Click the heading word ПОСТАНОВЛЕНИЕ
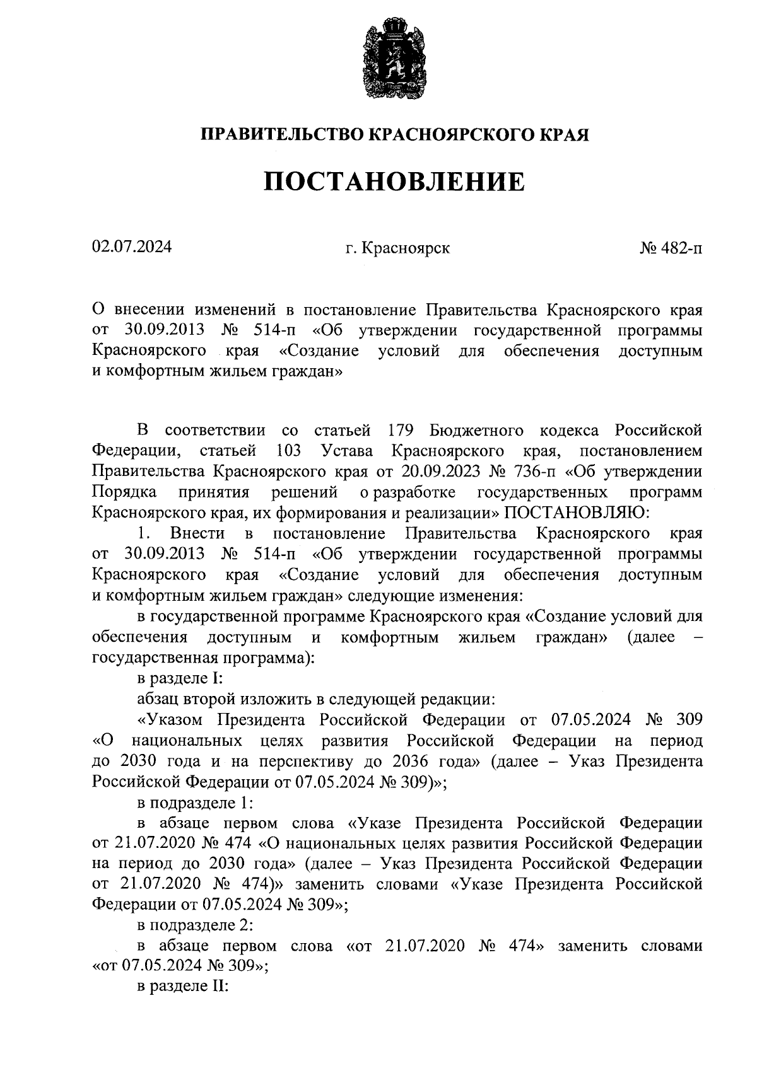(394, 182)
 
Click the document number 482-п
(681, 248)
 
